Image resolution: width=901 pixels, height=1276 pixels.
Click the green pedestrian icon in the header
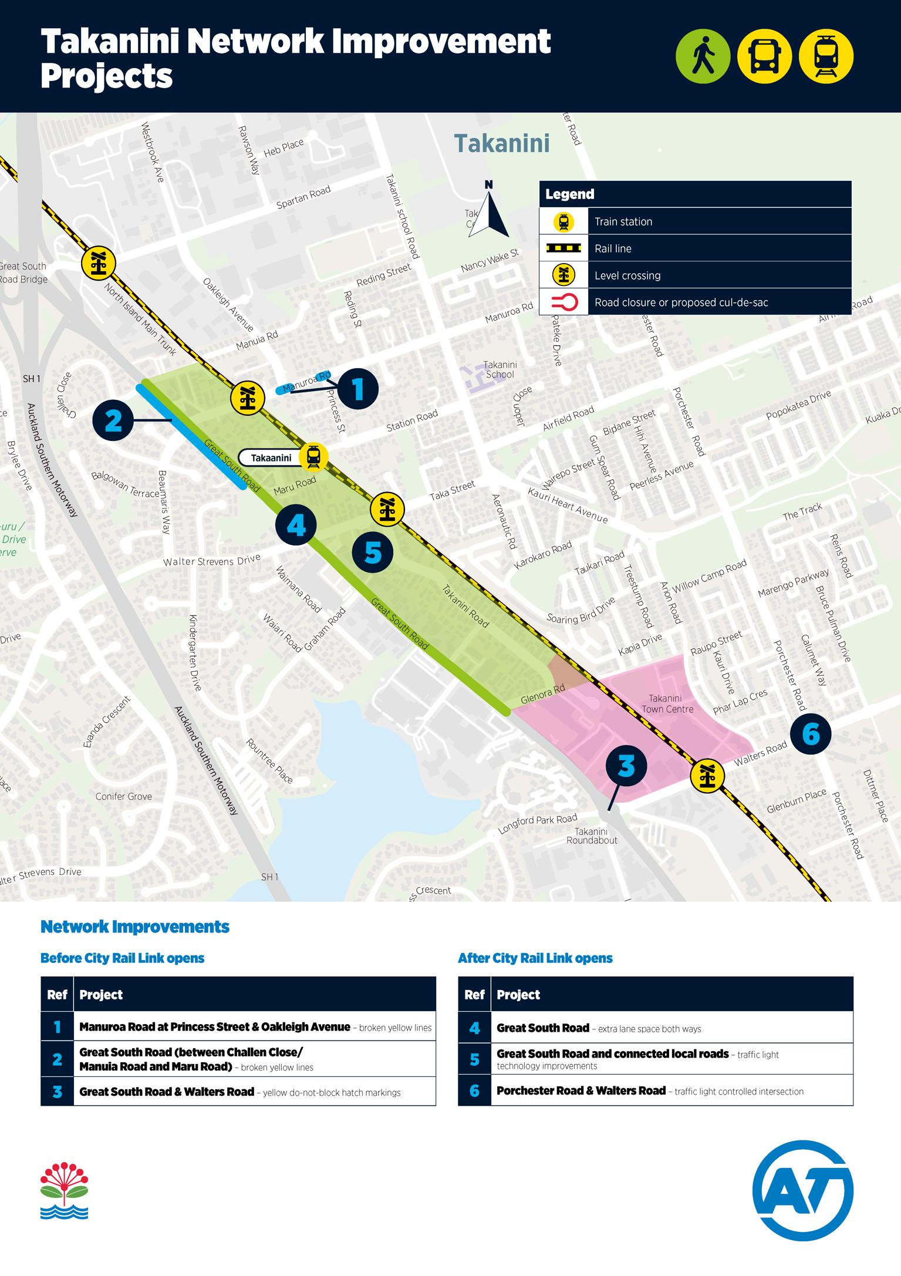703,56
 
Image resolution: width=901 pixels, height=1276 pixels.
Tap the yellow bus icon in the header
764,56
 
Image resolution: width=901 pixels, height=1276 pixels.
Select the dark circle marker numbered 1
357,389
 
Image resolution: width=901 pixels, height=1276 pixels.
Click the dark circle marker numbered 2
113,420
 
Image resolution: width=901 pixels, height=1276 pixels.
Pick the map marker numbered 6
811,733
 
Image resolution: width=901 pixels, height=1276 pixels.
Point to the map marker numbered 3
626,766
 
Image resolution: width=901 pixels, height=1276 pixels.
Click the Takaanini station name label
271,458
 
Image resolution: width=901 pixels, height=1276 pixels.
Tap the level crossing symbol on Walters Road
706,775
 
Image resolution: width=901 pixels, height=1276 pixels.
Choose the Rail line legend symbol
563,248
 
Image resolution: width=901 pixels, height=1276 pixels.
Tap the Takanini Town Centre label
667,703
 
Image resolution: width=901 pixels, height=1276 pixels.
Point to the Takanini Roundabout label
592,836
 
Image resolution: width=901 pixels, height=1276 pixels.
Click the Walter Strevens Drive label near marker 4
211,560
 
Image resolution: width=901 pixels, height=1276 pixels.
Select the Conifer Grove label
123,796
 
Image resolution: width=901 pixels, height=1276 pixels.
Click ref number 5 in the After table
474,1059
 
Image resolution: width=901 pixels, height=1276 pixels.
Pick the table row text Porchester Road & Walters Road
581,1090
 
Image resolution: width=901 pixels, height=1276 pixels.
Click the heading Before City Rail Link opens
122,958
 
